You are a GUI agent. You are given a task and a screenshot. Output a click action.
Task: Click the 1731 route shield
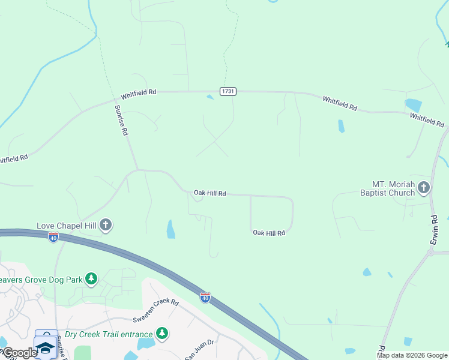click(228, 91)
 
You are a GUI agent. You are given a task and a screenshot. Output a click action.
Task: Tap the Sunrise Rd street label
click(121, 120)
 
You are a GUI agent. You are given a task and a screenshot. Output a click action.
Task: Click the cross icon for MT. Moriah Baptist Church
click(424, 188)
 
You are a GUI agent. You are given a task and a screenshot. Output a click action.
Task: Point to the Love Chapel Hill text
click(67, 226)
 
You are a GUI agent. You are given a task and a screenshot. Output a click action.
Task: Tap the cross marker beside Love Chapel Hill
click(106, 226)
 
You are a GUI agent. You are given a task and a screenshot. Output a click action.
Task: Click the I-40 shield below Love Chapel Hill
click(53, 238)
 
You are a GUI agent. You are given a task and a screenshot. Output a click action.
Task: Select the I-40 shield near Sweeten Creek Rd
click(205, 298)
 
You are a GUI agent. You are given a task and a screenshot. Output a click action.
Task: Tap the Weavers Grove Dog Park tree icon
click(91, 278)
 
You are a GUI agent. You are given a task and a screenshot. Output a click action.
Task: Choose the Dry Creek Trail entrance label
click(108, 333)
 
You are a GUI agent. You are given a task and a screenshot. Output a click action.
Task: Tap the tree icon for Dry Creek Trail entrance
click(161, 332)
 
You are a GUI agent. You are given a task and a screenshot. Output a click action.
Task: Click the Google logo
click(19, 353)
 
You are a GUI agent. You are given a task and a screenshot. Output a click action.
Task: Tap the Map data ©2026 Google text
click(412, 355)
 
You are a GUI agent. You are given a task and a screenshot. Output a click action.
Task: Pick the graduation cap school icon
click(45, 346)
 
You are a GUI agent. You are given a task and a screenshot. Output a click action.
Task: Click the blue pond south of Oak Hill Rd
click(171, 229)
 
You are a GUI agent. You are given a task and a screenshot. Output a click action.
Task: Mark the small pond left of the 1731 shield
click(209, 97)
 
